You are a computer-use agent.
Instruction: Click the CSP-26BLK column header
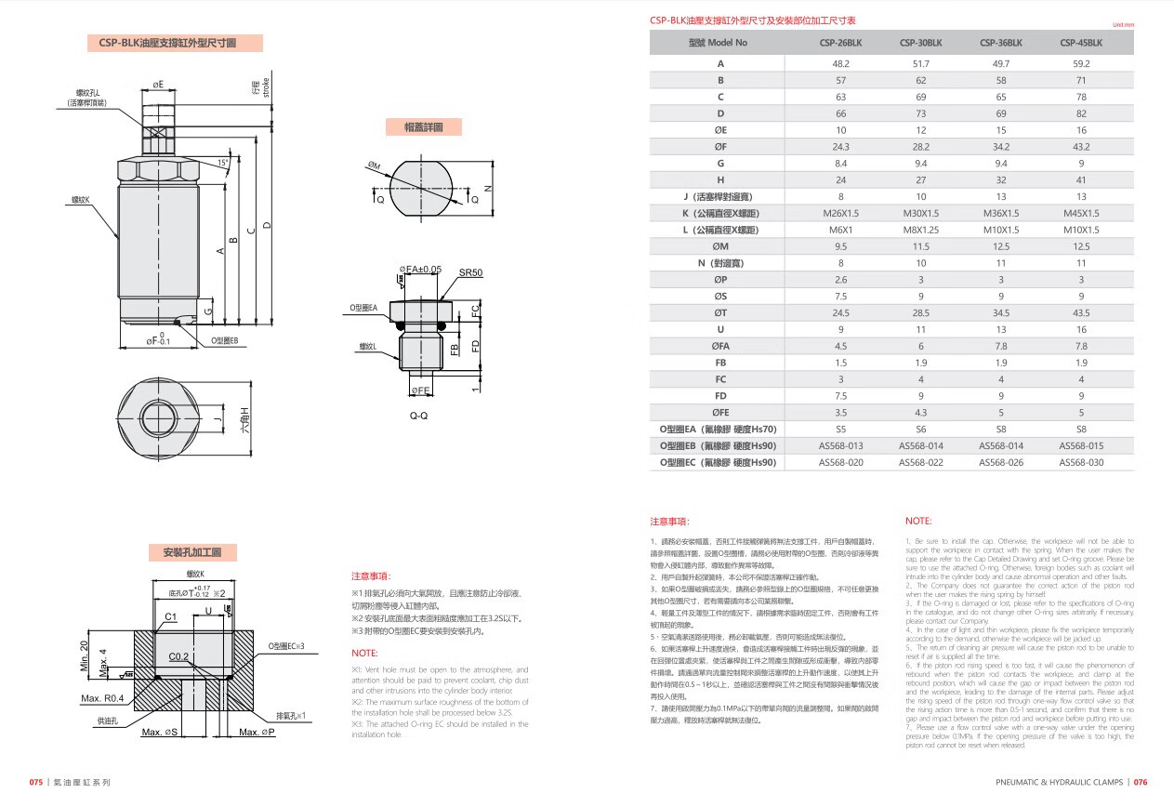(x=840, y=43)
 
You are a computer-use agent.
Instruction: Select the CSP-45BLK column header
(x=1081, y=43)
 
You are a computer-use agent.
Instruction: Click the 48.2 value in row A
(x=840, y=63)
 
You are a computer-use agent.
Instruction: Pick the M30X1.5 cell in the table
(x=920, y=213)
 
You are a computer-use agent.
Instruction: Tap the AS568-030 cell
(x=1081, y=462)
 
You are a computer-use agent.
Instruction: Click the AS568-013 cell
(x=840, y=445)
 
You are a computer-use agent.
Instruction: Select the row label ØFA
(x=720, y=346)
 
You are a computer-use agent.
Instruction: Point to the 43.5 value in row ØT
(x=1081, y=313)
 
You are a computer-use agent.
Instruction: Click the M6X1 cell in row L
(x=840, y=230)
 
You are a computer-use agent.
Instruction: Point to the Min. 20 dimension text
(x=84, y=657)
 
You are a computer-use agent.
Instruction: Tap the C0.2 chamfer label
(x=179, y=656)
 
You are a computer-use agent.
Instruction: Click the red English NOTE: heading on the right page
(x=917, y=522)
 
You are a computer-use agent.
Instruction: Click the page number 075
(x=36, y=783)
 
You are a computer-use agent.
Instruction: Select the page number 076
(x=1140, y=783)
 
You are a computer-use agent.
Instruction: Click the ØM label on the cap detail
(x=375, y=166)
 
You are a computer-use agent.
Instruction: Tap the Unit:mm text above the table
(x=1123, y=25)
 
